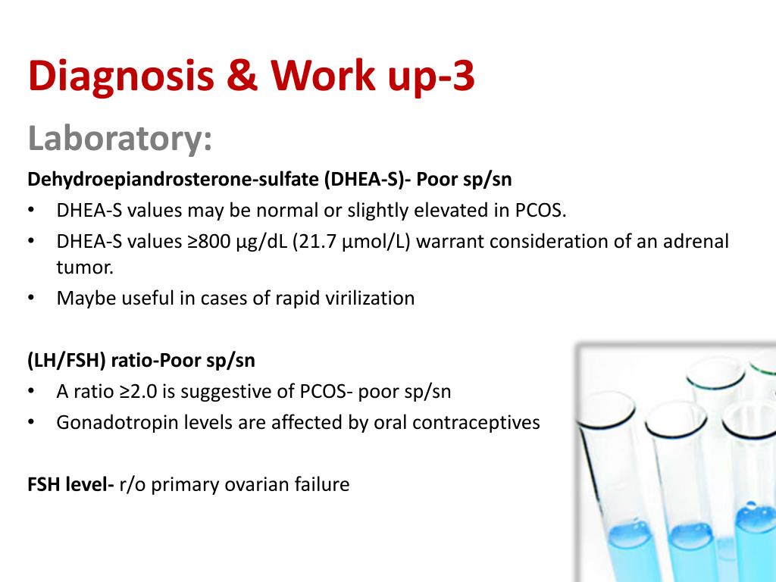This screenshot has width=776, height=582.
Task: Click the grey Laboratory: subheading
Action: click(120, 139)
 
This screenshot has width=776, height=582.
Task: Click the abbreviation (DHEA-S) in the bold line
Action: click(357, 180)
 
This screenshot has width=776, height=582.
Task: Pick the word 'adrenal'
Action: click(696, 242)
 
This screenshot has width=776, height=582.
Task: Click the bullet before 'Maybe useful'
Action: click(31, 298)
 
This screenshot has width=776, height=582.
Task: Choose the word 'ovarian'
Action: click(257, 484)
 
